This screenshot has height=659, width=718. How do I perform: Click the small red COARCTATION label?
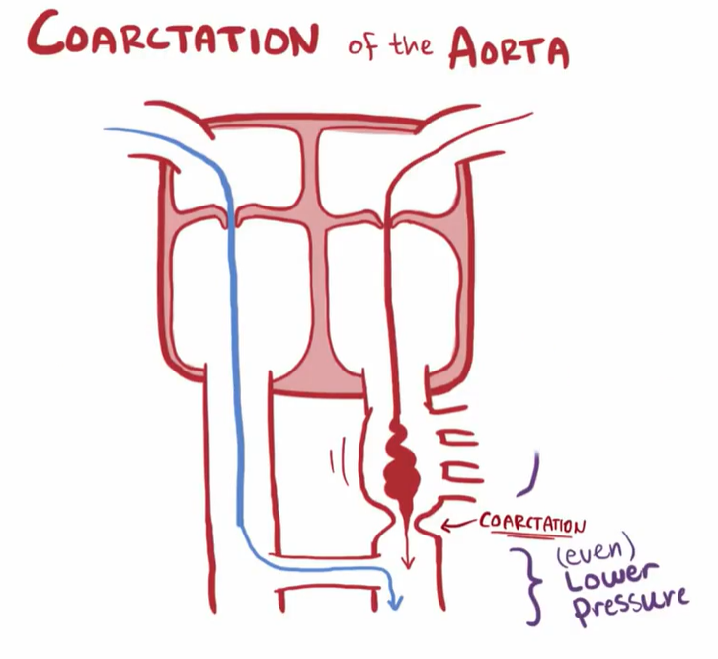[532, 521]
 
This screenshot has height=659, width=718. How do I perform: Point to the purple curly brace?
[532, 585]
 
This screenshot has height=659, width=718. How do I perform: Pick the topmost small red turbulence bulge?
[401, 430]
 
